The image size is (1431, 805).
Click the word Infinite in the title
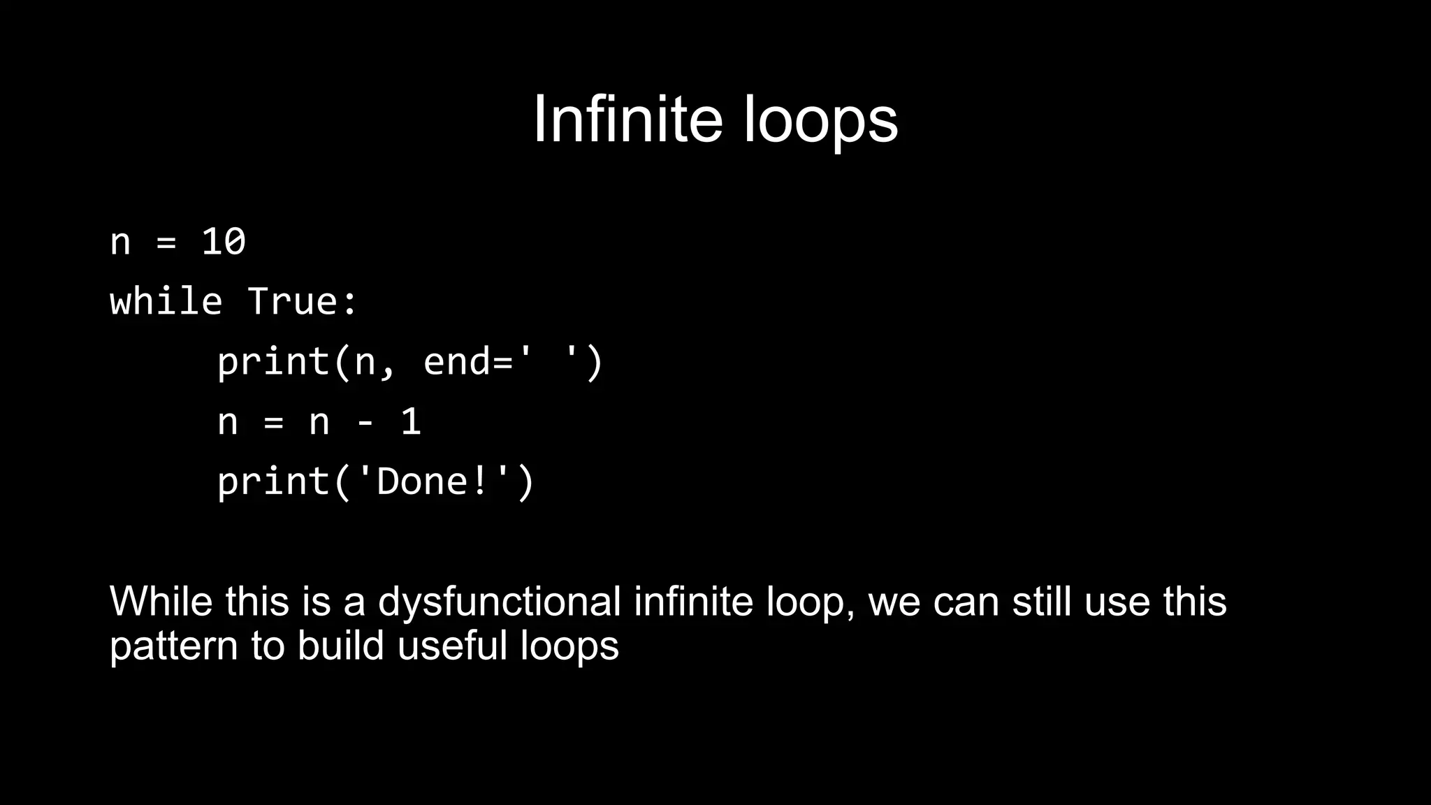click(627, 119)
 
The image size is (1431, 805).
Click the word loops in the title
click(820, 121)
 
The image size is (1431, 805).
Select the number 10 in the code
click(224, 242)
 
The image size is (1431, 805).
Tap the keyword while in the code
click(166, 302)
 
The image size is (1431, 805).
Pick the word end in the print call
click(457, 362)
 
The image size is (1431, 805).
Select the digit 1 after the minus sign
click(411, 422)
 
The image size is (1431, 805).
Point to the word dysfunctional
click(499, 602)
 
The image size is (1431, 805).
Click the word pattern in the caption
click(173, 646)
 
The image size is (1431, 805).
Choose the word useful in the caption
click(452, 645)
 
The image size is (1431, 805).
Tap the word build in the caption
click(340, 645)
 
